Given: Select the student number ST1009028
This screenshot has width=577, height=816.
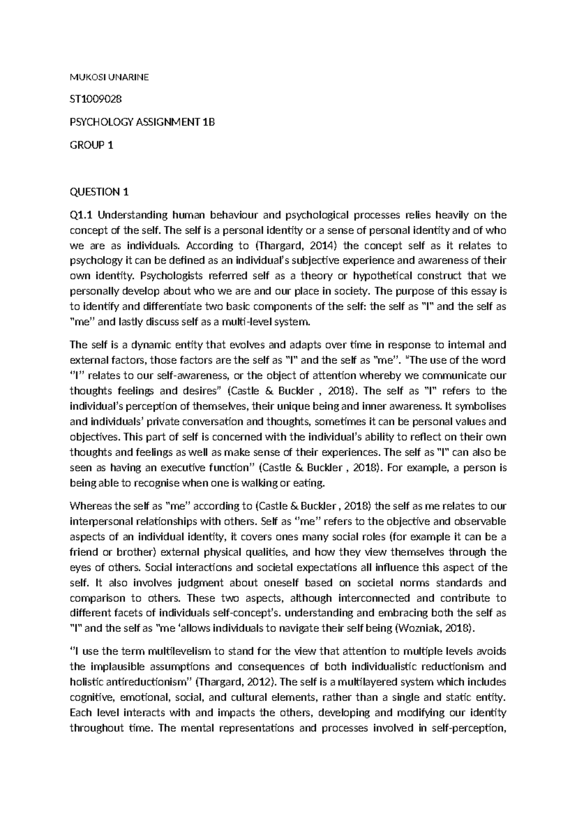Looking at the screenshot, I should [x=96, y=99].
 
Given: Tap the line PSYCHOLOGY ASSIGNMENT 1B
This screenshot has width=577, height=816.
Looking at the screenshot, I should [x=142, y=122].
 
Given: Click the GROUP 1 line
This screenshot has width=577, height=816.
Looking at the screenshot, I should [x=92, y=145].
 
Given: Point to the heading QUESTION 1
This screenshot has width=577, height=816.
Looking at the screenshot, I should [x=100, y=192].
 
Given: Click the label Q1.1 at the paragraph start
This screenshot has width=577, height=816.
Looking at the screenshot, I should [x=82, y=215].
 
